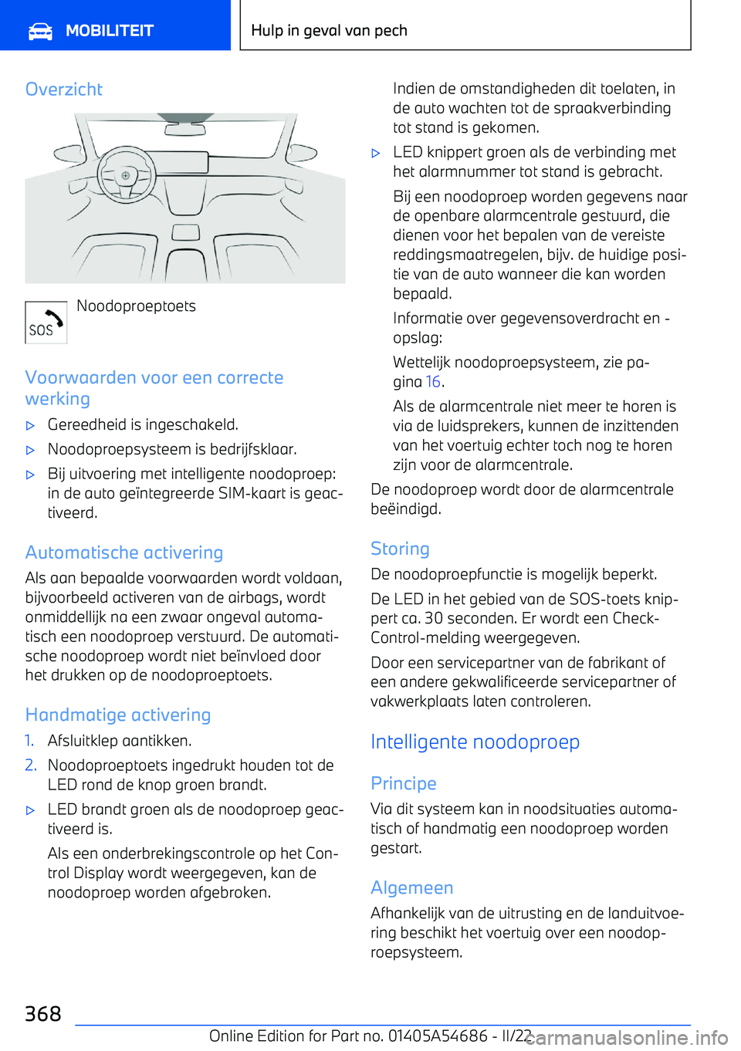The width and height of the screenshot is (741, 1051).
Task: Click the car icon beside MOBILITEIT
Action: (x=40, y=31)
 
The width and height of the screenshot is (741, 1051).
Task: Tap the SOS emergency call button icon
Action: (x=46, y=323)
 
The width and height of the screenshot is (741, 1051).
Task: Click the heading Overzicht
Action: (x=64, y=90)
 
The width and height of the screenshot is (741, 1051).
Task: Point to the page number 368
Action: (x=43, y=1013)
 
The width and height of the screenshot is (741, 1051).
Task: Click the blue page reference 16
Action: (x=433, y=382)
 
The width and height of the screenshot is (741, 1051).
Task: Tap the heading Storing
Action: (x=400, y=549)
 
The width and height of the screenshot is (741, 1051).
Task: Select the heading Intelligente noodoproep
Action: (x=475, y=742)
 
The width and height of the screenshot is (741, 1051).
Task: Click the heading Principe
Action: (x=404, y=783)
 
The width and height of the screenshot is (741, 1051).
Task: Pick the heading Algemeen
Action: (x=412, y=887)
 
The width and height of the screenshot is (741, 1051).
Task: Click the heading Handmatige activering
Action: (x=118, y=715)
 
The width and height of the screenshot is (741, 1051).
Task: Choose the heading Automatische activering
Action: (x=124, y=553)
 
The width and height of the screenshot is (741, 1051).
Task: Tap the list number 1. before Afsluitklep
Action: (x=29, y=741)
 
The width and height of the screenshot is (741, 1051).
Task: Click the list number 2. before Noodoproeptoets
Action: (x=30, y=765)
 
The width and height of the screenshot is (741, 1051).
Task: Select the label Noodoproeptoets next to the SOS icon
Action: (x=136, y=306)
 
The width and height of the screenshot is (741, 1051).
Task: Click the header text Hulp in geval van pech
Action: (x=330, y=31)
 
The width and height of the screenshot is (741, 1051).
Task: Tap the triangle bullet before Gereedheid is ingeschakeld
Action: (x=31, y=425)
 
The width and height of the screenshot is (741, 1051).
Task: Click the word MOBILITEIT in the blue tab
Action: (x=110, y=31)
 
